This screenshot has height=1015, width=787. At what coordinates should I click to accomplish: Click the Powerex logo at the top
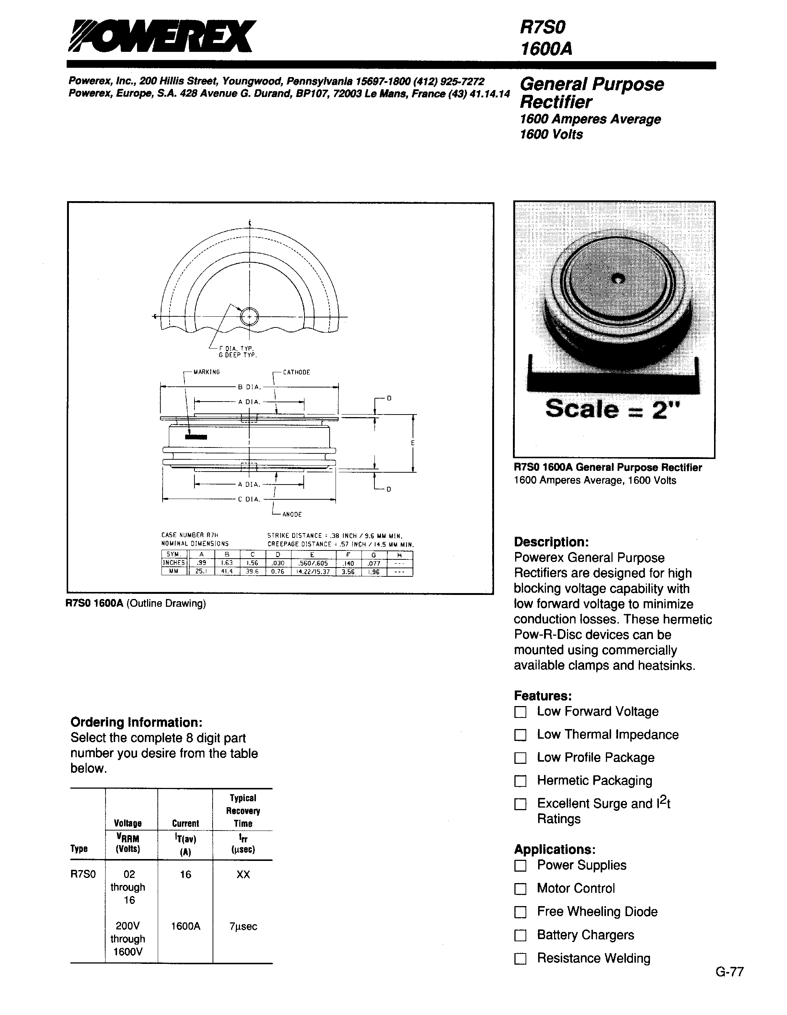coord(160,36)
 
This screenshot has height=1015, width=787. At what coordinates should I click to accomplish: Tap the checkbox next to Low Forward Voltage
coord(520,712)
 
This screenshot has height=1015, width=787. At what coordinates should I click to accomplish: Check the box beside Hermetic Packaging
coord(520,781)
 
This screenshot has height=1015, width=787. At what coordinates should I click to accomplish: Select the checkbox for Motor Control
coord(520,889)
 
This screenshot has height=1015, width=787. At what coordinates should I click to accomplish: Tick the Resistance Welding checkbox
coord(520,959)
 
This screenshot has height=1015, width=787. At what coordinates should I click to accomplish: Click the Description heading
coord(551,542)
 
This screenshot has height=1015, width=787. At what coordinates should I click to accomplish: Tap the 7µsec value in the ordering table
coord(243,926)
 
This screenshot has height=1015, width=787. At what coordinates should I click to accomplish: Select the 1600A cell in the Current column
coord(186,926)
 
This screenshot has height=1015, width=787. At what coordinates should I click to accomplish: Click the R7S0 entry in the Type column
coord(83,874)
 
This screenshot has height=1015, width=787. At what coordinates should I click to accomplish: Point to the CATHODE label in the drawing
coord(296,372)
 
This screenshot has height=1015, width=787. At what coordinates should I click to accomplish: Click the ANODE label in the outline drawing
coord(292,515)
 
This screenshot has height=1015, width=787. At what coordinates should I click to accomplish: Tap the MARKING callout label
coord(206,372)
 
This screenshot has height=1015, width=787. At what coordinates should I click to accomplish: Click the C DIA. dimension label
coord(249,500)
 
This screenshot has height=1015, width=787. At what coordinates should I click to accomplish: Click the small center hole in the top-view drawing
coord(250,317)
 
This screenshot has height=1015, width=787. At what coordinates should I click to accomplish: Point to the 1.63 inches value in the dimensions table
coord(227,563)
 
